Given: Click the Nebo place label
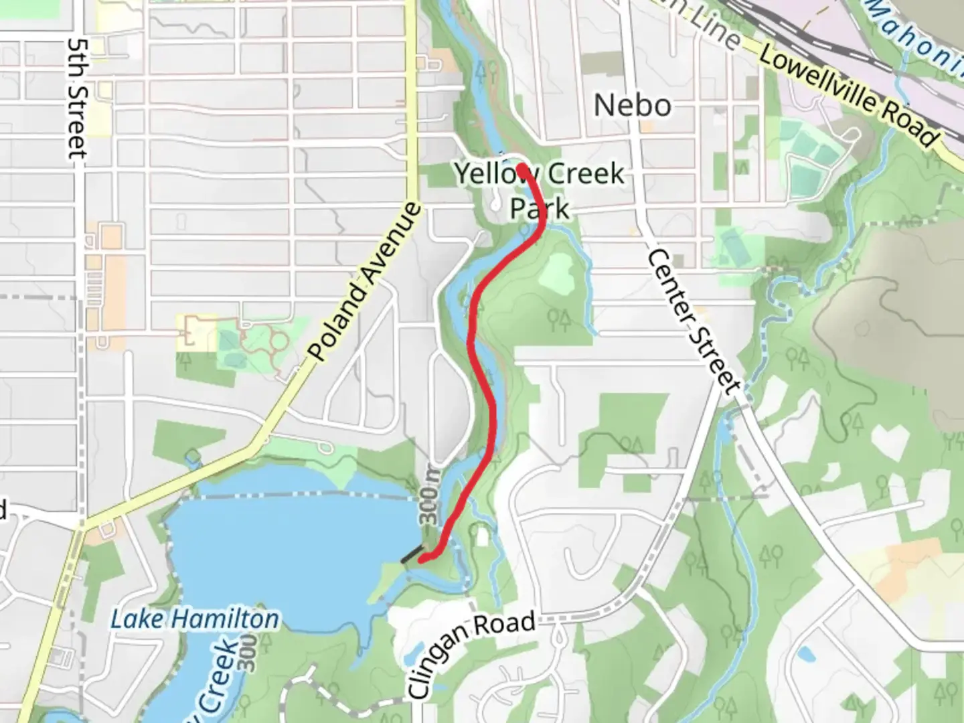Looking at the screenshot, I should pyautogui.click(x=633, y=105).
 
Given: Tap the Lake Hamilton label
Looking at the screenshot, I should pyautogui.click(x=194, y=619).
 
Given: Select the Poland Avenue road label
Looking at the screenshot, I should pyautogui.click(x=367, y=281).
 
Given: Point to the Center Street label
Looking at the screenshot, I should pyautogui.click(x=694, y=321).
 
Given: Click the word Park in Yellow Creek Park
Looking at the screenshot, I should pyautogui.click(x=540, y=208).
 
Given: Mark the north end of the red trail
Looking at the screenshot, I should pyautogui.click(x=521, y=167).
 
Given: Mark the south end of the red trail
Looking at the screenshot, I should pyautogui.click(x=422, y=559).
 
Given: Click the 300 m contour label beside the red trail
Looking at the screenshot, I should pyautogui.click(x=429, y=495).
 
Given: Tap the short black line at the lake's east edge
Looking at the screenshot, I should pyautogui.click(x=412, y=555).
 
